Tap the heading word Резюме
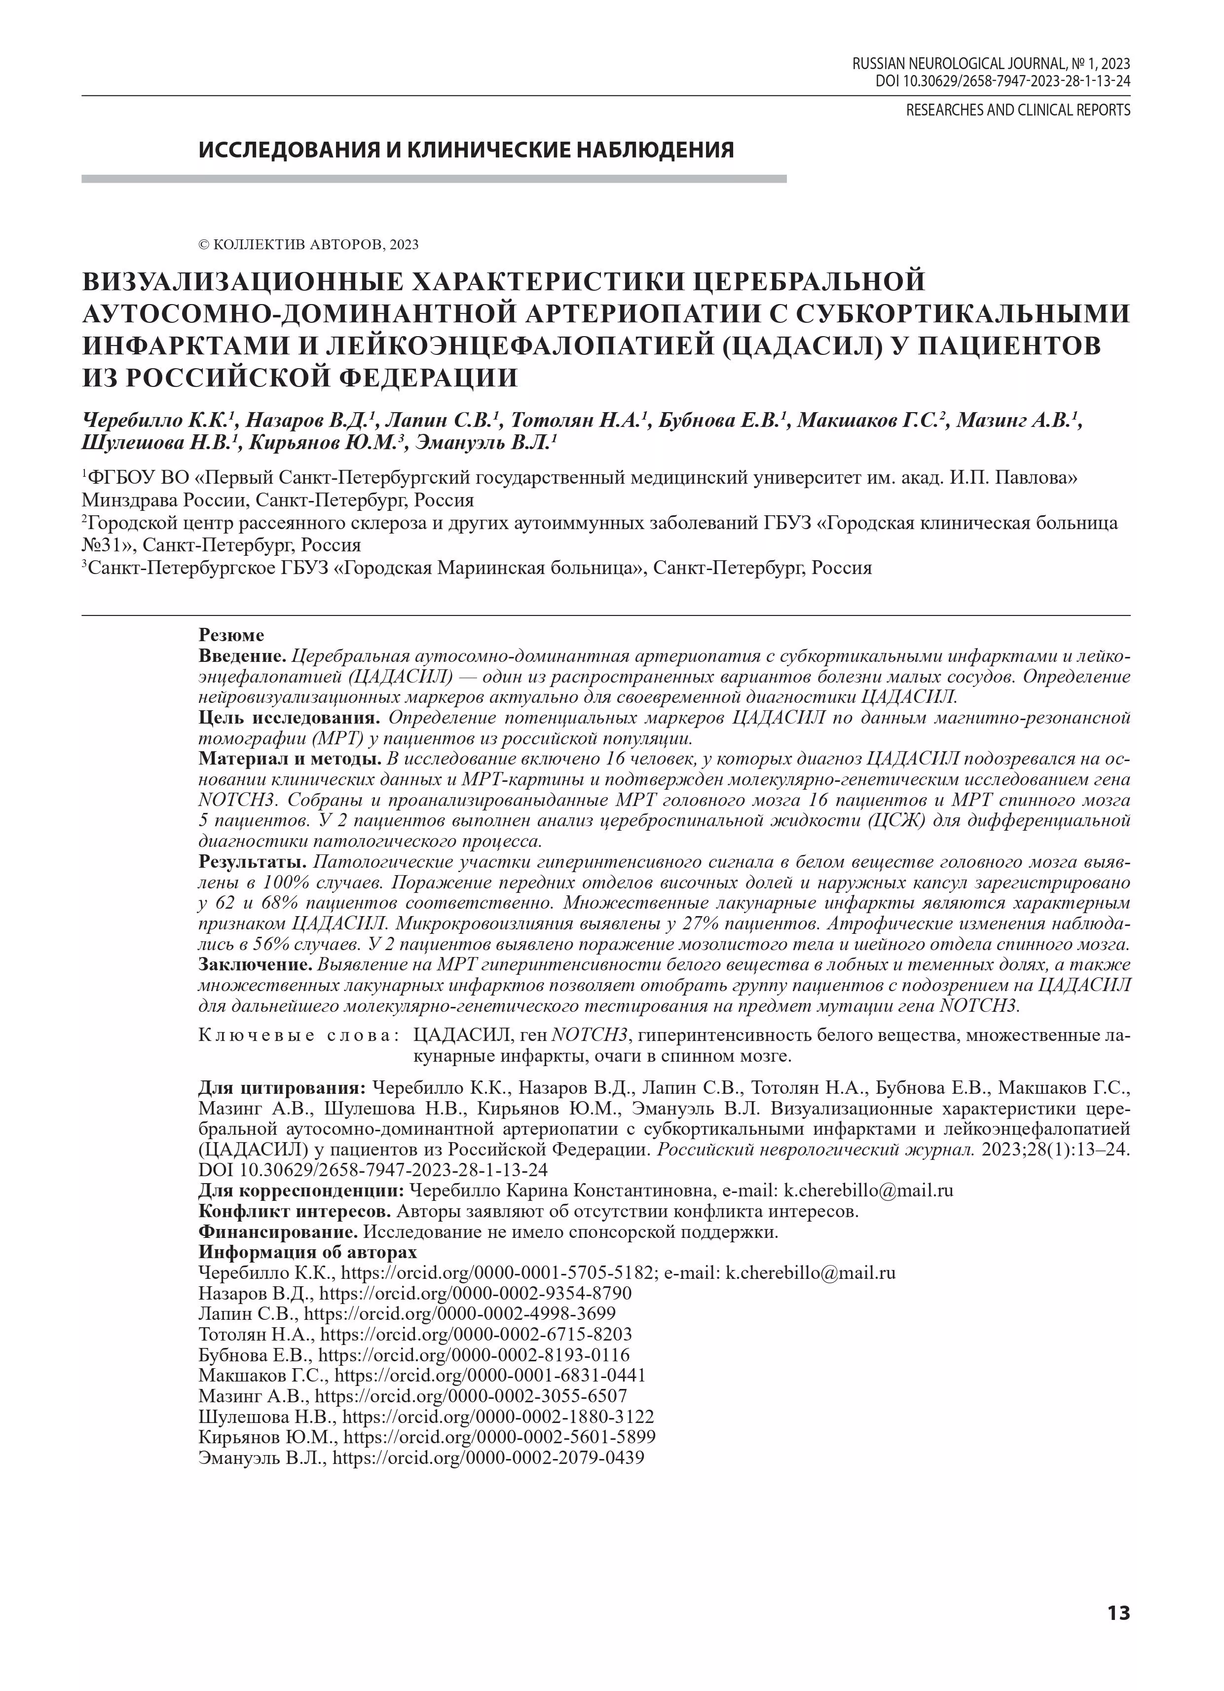click(x=231, y=635)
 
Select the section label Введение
click(x=242, y=656)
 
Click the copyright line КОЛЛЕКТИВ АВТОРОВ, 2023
click(x=308, y=244)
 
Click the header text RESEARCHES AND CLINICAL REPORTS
click(x=1017, y=111)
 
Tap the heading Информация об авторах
click(x=307, y=1252)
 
